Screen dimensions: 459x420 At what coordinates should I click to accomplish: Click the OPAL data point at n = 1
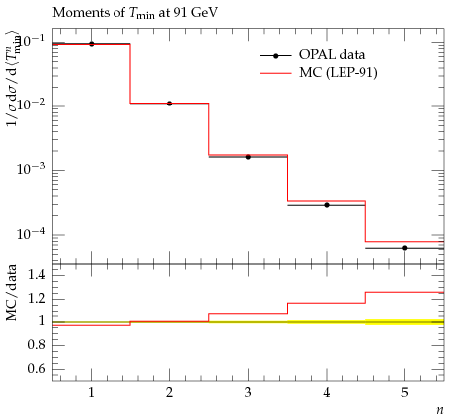(x=92, y=44)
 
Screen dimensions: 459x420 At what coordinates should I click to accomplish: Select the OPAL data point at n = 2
(x=169, y=104)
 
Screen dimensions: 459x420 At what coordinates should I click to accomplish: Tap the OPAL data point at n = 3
(x=248, y=157)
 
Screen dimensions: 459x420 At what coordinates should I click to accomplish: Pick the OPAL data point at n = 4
(x=327, y=205)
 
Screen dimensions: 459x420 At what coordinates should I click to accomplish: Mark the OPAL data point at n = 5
(x=405, y=248)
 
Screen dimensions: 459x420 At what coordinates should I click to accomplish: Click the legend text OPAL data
(x=332, y=54)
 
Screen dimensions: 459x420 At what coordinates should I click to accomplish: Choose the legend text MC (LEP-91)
(x=339, y=72)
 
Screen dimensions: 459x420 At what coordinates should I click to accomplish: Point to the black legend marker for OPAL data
(x=275, y=56)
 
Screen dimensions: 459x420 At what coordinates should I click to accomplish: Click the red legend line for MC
(x=276, y=73)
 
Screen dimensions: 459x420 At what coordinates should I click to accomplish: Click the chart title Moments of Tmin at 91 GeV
(x=135, y=13)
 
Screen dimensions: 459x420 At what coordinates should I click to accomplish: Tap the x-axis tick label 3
(x=248, y=393)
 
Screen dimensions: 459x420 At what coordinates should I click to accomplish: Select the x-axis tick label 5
(x=405, y=393)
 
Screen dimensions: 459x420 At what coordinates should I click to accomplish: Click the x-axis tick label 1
(x=92, y=393)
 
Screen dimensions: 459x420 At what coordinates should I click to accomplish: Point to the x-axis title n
(x=440, y=410)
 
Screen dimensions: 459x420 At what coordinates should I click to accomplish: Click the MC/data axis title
(x=12, y=293)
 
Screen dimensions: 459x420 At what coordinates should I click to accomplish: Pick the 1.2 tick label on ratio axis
(x=36, y=299)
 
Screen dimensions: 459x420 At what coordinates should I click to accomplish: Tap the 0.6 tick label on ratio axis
(x=36, y=369)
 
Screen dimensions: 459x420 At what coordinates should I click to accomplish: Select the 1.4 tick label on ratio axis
(x=36, y=275)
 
